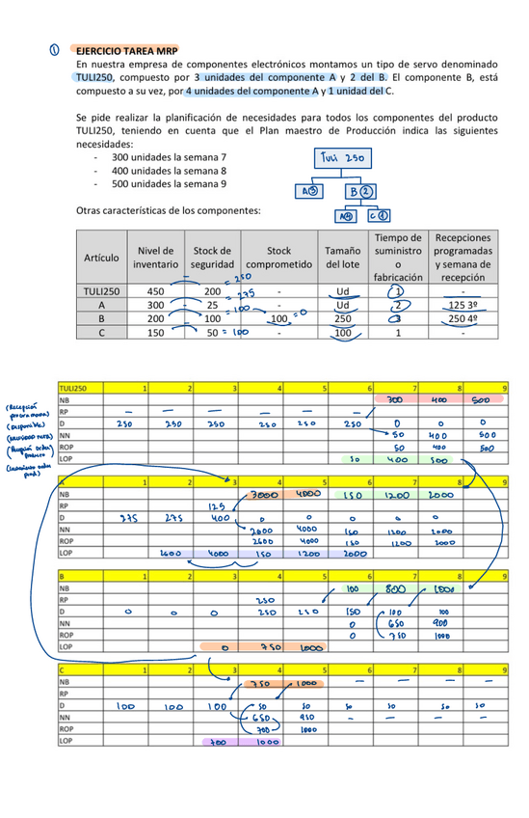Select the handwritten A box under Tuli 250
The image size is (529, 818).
308,191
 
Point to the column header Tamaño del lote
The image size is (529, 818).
342,257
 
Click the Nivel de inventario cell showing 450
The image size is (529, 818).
154,289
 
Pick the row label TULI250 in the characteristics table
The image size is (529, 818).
101,289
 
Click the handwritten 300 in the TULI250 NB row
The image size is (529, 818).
394,399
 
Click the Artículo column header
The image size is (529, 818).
101,258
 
